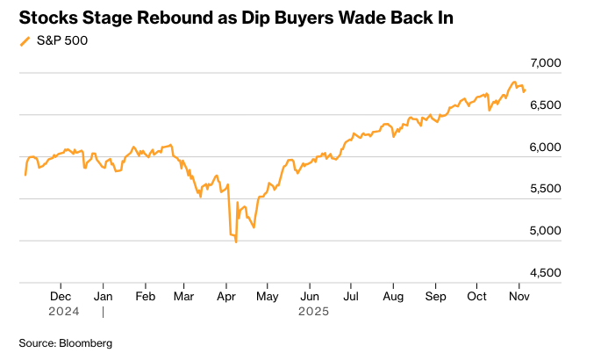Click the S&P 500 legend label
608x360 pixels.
[x=61, y=40]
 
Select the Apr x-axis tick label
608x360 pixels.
[x=226, y=298]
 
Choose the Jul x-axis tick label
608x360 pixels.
[x=350, y=298]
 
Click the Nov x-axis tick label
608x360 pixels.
[x=519, y=298]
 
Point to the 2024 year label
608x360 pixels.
[x=64, y=311]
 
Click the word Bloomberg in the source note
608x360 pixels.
[x=86, y=342]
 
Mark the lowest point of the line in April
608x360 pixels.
[x=236, y=241]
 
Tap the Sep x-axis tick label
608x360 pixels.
[x=435, y=298]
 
